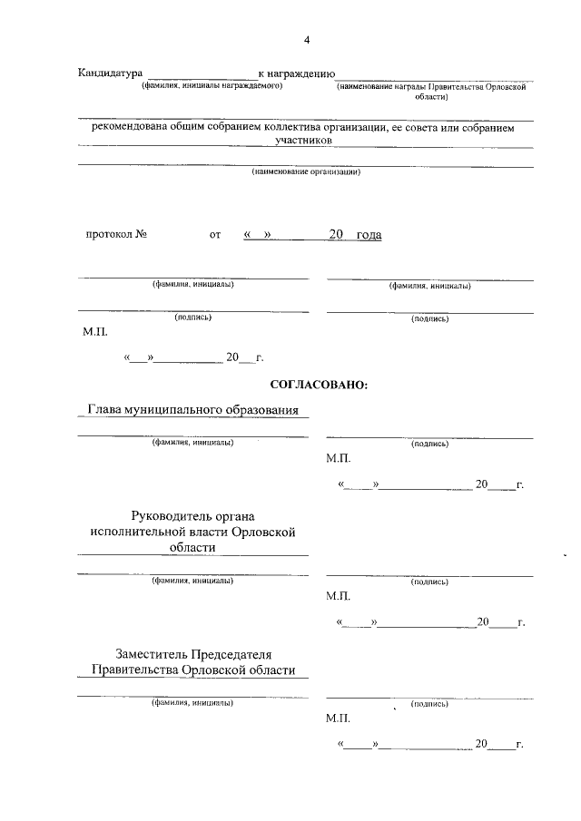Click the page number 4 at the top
(x=307, y=40)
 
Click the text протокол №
(x=116, y=235)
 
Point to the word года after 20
(x=369, y=235)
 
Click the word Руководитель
(x=173, y=515)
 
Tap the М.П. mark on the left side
(x=94, y=333)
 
